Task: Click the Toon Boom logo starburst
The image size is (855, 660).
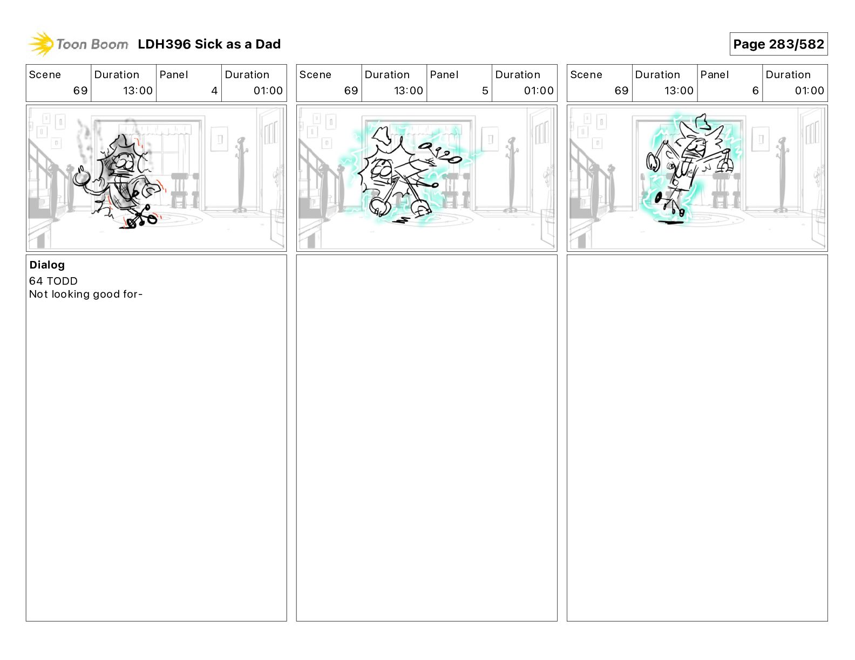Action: coord(41,44)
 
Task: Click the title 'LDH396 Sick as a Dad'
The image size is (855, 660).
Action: coord(209,44)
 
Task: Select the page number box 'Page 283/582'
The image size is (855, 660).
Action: coord(778,44)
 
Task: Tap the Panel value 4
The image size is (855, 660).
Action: coord(214,91)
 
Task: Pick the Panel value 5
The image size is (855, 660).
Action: coord(485,91)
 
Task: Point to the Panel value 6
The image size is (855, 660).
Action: coord(755,91)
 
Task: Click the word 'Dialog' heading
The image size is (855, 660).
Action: coord(47,265)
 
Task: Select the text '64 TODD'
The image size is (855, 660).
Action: coord(53,281)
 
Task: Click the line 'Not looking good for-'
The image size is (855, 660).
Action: coord(86,294)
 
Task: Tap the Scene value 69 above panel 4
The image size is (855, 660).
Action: coord(80,91)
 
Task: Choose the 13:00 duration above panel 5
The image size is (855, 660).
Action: coord(409,91)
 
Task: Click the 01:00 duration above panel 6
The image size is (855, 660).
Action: coord(809,91)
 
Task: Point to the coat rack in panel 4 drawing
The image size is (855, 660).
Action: coord(240,174)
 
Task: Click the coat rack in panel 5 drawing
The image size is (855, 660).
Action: coord(511,174)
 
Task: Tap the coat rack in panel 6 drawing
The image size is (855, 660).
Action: coord(782,174)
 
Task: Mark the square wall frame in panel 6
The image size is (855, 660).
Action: coord(760,139)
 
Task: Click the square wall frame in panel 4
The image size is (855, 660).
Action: coord(219,139)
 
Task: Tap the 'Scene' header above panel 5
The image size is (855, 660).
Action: coord(315,75)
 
